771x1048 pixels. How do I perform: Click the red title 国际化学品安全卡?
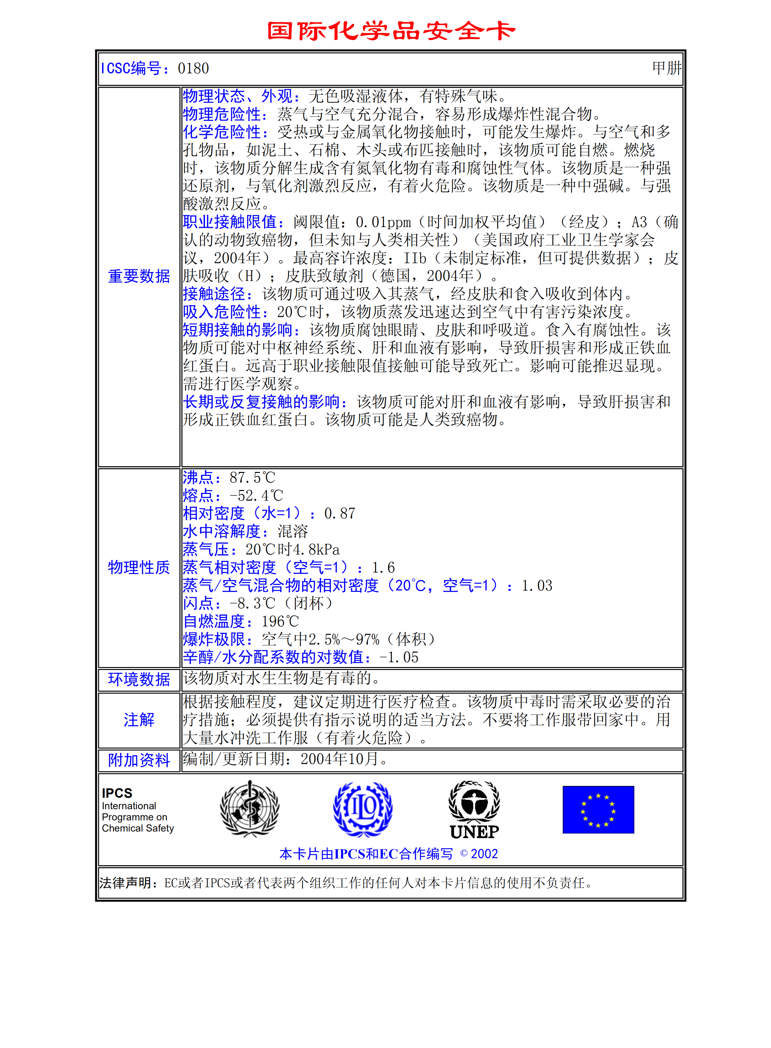[391, 31]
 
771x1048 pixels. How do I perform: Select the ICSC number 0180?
[193, 69]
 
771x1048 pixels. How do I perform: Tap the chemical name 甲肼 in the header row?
[667, 68]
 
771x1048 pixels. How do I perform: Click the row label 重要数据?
[139, 276]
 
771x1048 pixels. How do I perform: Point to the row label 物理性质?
[139, 568]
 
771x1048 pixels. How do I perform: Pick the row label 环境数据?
[139, 680]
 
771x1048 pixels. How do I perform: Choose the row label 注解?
[139, 720]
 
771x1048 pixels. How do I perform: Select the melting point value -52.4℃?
[256, 496]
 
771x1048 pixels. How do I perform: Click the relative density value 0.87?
[340, 514]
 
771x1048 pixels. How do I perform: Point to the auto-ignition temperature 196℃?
[280, 621]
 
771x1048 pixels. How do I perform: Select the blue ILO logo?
[363, 810]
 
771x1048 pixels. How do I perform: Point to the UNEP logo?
[474, 810]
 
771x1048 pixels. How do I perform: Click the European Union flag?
[598, 810]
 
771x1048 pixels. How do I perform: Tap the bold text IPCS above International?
[117, 793]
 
